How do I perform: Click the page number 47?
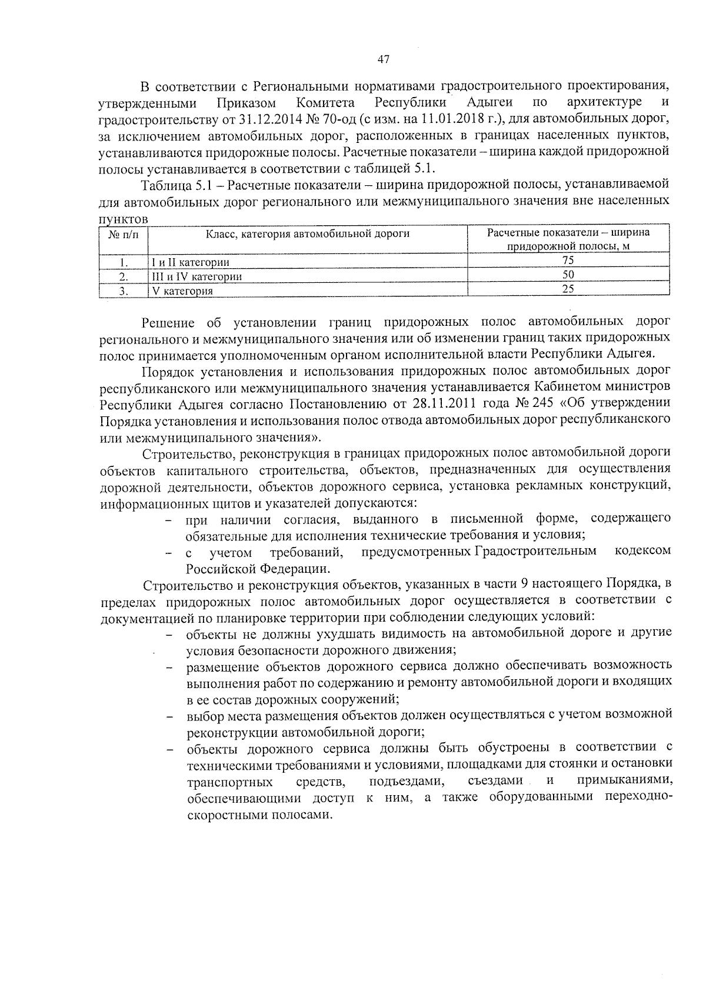383,59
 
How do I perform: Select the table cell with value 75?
568,261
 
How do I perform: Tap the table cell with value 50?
568,275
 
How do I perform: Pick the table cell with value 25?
568,289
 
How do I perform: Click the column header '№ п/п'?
124,234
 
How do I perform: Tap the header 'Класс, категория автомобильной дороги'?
307,233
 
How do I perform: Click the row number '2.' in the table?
124,276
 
